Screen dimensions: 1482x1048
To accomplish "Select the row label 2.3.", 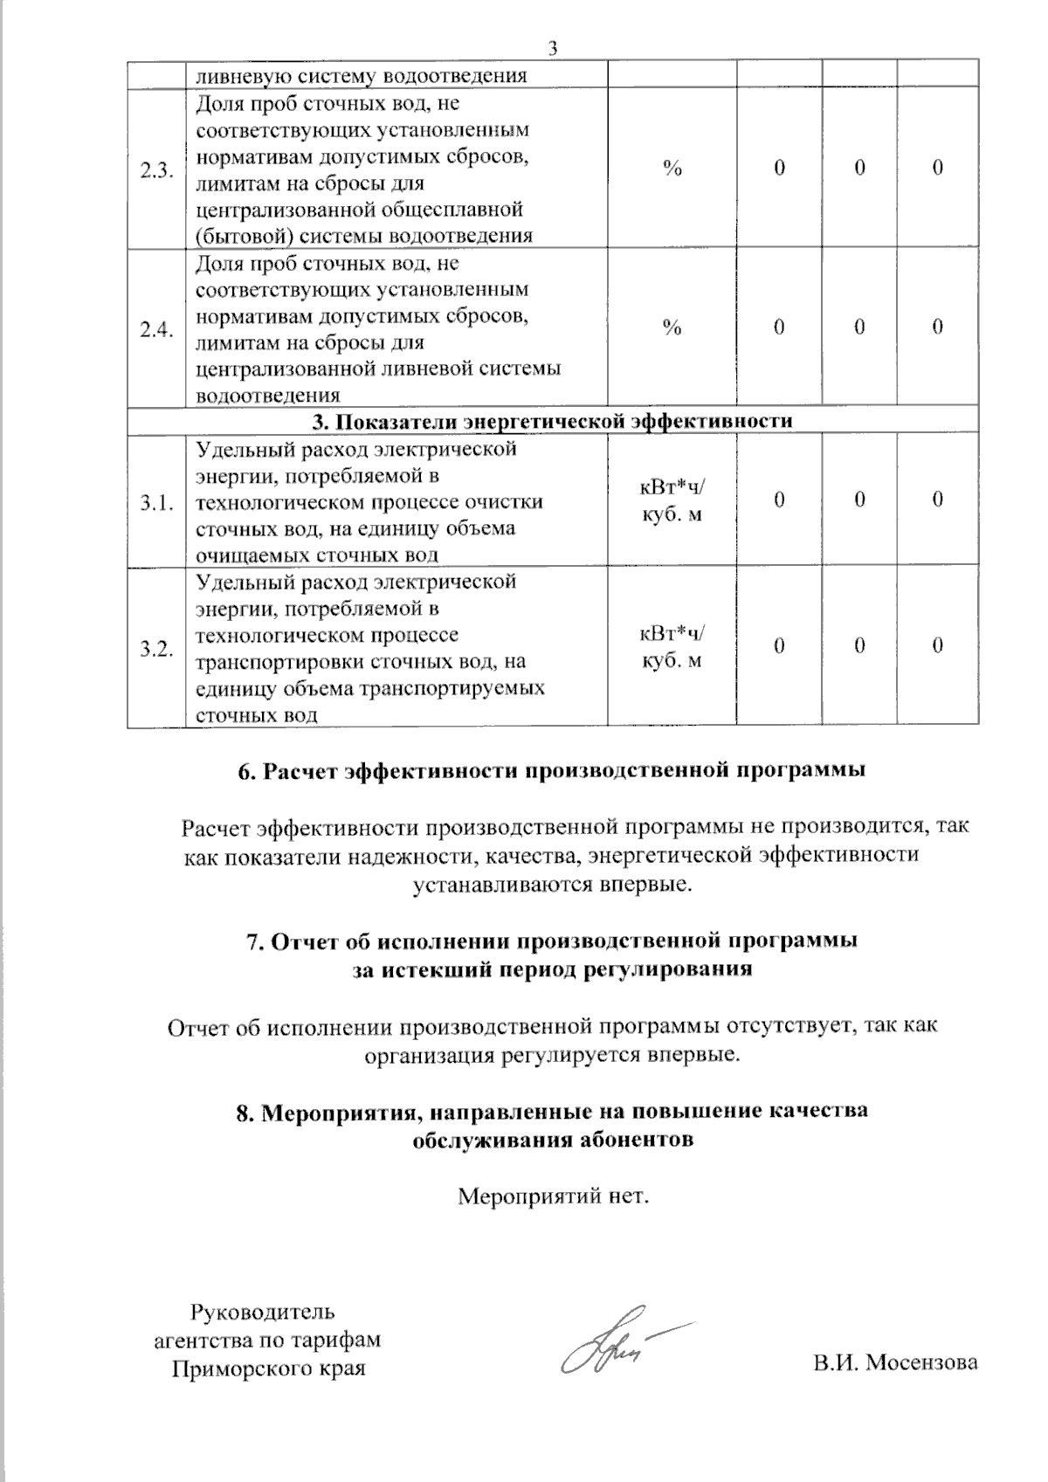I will point(156,169).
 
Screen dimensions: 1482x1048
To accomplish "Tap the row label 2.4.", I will point(156,329).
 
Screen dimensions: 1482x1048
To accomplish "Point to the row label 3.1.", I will point(156,502).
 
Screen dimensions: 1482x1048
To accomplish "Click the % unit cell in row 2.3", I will point(672,169).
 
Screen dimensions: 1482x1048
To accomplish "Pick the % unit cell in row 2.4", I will point(672,327).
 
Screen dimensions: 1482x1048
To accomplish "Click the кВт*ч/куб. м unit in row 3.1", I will point(672,501).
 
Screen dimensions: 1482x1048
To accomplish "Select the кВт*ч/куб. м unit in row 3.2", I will point(672,647).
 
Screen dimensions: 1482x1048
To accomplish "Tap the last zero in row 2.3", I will point(937,169).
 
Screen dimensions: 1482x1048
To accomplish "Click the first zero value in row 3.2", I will point(778,646).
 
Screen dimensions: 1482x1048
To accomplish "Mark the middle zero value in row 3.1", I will point(859,500).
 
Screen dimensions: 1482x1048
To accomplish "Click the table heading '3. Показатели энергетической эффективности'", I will point(552,421).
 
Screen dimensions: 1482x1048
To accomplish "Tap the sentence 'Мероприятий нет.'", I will point(554,1196).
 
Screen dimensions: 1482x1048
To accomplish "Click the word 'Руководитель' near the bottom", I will point(262,1312).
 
